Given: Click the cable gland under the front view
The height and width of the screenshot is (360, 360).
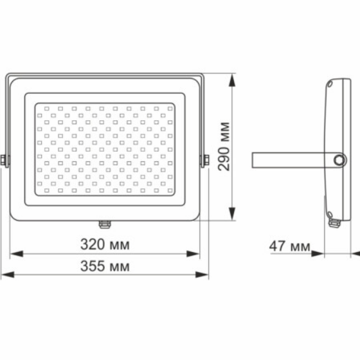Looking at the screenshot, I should point(104,224).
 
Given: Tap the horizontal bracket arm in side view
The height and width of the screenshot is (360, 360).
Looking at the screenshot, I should point(292,159).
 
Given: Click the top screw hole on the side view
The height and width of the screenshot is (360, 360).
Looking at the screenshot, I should point(330,84).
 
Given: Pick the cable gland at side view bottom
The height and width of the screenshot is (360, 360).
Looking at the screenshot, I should point(332,224).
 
